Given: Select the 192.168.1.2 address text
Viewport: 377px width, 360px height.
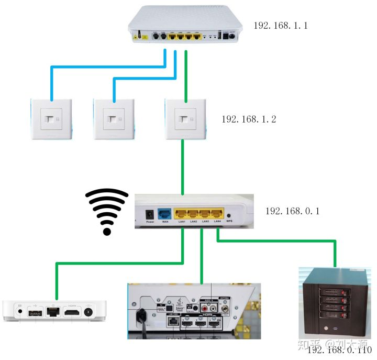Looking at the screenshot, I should [x=249, y=119].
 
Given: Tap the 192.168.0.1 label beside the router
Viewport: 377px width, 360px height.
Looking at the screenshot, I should [x=292, y=211].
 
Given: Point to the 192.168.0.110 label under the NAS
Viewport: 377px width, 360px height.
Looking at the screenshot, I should [x=339, y=350].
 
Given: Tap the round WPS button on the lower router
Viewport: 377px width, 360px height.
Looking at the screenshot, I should [x=229, y=215].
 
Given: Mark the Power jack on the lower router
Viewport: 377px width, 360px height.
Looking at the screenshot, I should [x=150, y=214].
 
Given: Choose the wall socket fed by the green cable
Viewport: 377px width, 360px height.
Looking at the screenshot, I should [x=184, y=119].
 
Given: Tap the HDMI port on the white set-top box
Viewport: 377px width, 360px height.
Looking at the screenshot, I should [x=73, y=313].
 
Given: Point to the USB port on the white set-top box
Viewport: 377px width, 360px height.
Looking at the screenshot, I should [x=35, y=313].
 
